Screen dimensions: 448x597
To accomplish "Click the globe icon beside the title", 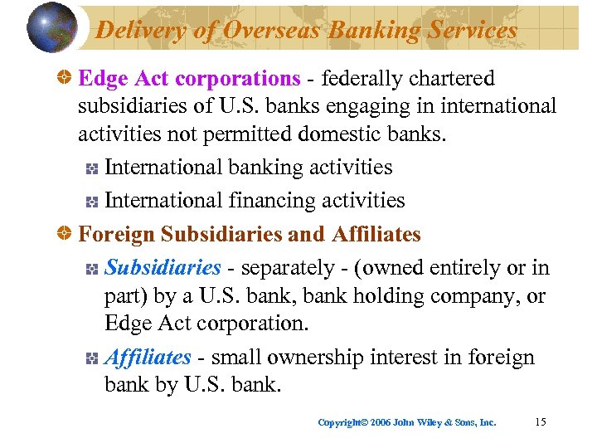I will point(51,28).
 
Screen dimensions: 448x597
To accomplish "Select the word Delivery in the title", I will point(135,30).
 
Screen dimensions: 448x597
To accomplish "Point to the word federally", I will point(362,79).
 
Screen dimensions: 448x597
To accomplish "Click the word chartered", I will point(452,79).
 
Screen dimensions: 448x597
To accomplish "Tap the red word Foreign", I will point(117,235).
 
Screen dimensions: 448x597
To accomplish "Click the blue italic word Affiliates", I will point(148,358).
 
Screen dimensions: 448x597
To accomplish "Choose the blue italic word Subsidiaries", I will point(163,268).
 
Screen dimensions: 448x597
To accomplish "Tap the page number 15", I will point(541,422).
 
